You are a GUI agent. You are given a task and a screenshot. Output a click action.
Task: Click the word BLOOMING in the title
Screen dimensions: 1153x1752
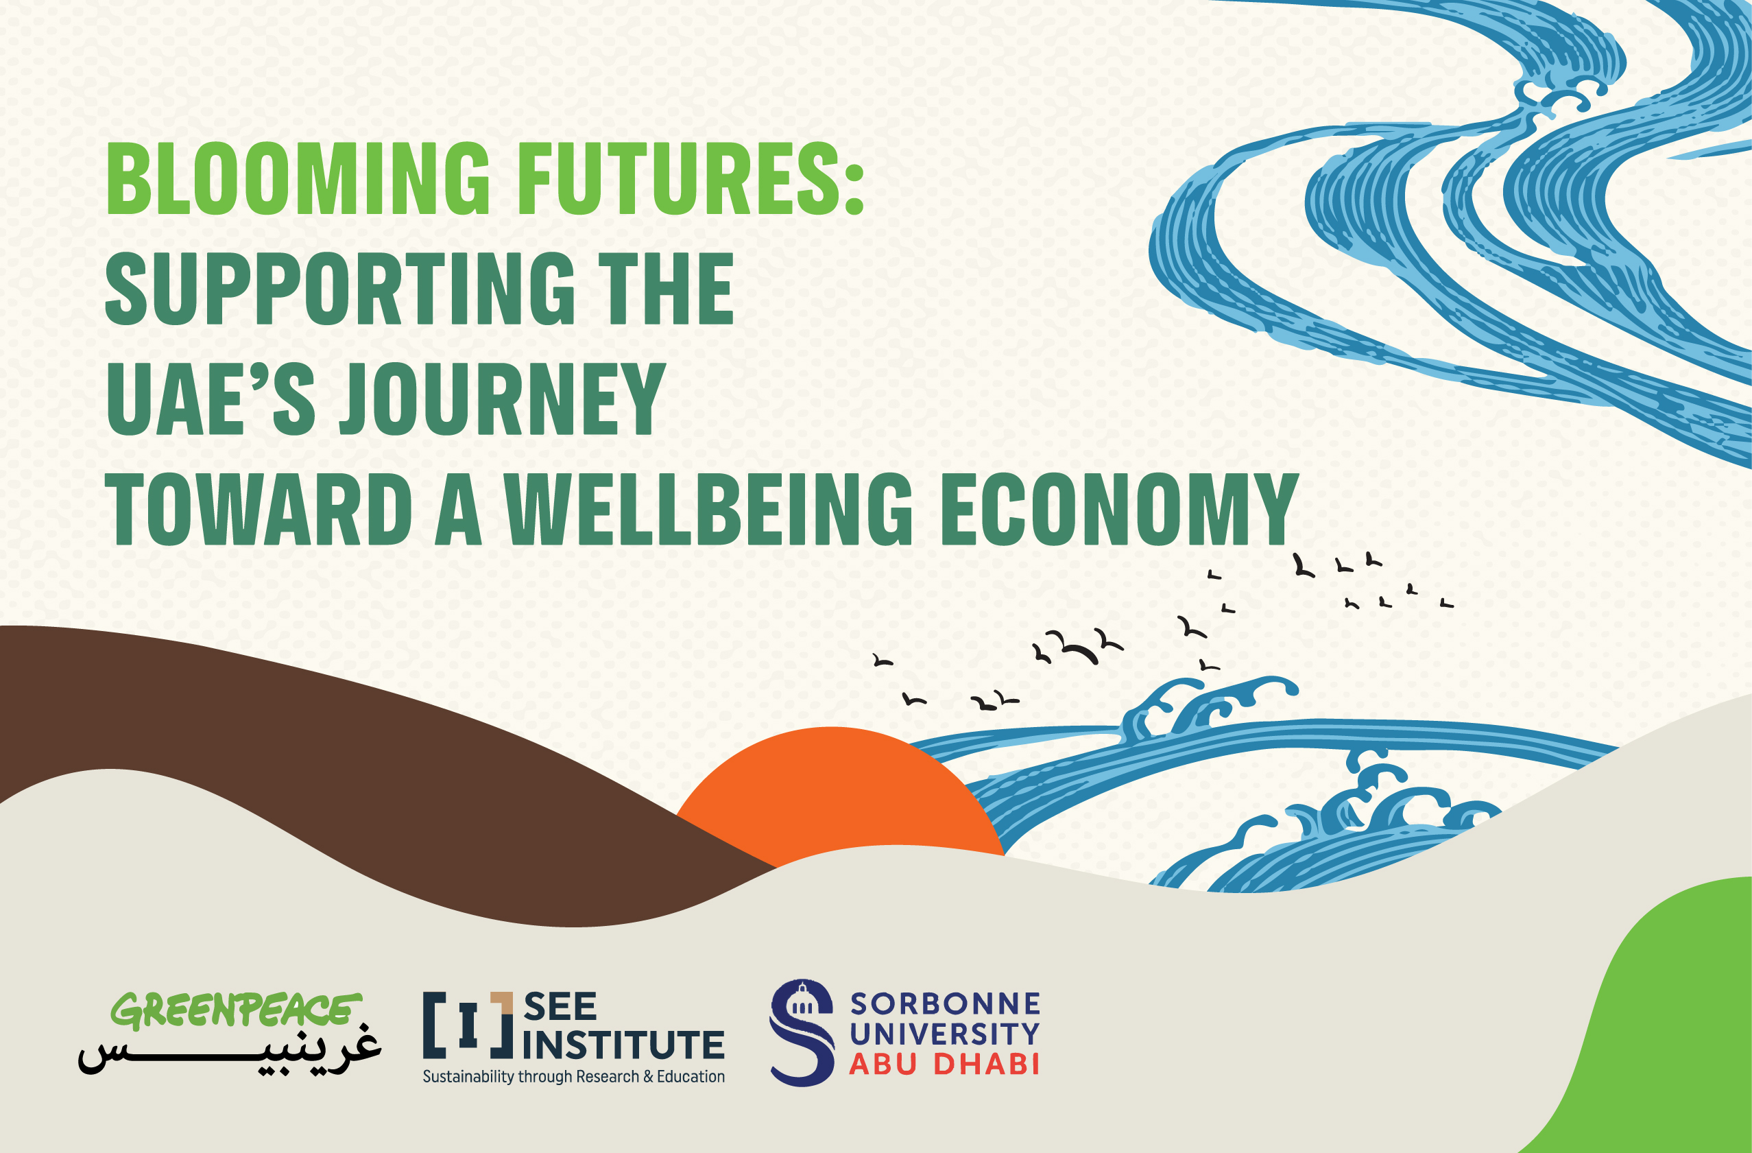(x=298, y=178)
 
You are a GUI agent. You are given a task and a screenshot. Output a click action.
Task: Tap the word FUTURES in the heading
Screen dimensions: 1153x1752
(x=677, y=178)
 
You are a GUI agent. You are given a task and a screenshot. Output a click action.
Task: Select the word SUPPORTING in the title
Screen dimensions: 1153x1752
(x=339, y=289)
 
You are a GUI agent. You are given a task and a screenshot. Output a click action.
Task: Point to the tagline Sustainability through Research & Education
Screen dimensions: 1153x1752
(x=573, y=1076)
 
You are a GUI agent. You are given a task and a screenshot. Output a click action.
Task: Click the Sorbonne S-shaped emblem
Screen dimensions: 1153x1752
(x=802, y=1032)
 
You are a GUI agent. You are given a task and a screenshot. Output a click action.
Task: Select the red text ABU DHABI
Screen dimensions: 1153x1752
(x=944, y=1064)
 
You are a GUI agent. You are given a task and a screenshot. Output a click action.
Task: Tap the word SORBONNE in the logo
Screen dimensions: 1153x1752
(x=945, y=1003)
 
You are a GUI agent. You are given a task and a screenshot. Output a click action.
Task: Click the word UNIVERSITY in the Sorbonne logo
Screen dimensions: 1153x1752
(x=944, y=1034)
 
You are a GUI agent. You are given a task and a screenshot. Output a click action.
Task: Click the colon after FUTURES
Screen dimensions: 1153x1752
(x=854, y=190)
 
